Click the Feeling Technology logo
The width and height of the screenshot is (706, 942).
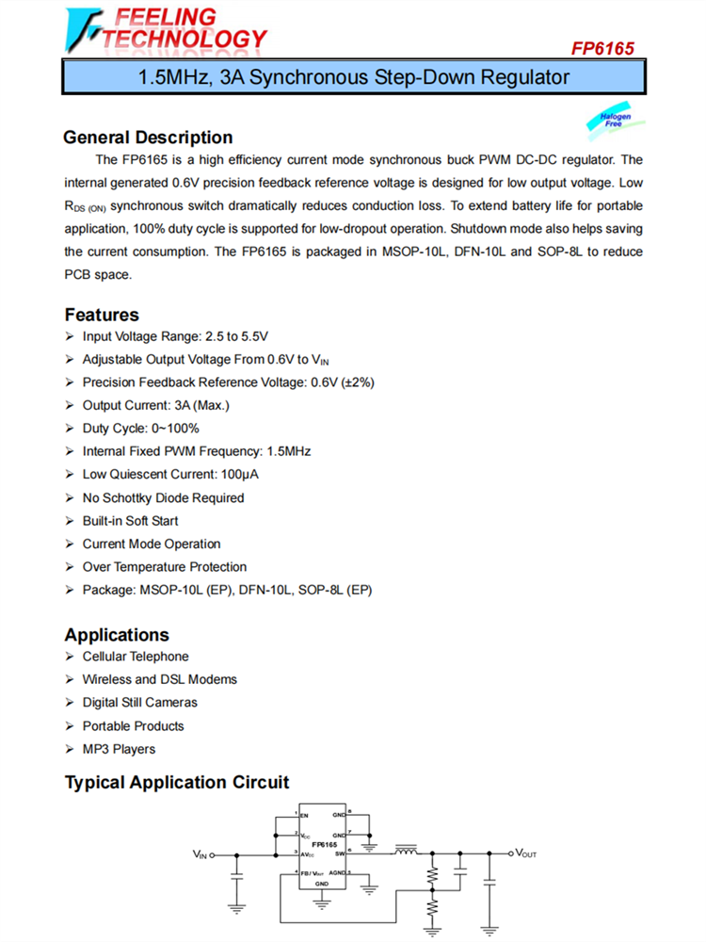pos(166,29)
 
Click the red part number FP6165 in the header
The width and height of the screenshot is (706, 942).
pos(602,48)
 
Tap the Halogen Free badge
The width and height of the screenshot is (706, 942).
pos(615,120)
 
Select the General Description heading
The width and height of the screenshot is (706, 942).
pos(148,138)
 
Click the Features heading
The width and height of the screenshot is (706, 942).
pos(102,315)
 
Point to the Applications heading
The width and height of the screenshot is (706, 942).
pos(117,635)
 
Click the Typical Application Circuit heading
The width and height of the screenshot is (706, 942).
pos(177,783)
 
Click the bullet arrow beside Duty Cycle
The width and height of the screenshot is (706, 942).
pos(71,429)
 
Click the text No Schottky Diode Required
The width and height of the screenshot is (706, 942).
pos(163,497)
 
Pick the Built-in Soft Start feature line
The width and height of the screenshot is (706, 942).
pos(130,521)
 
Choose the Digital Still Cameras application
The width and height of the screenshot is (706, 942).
pos(139,703)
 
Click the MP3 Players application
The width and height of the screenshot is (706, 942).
pos(119,749)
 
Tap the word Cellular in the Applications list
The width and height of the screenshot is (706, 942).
pos(105,657)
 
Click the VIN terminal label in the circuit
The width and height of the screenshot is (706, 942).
pos(200,854)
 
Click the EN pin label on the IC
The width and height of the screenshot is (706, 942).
pos(304,816)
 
